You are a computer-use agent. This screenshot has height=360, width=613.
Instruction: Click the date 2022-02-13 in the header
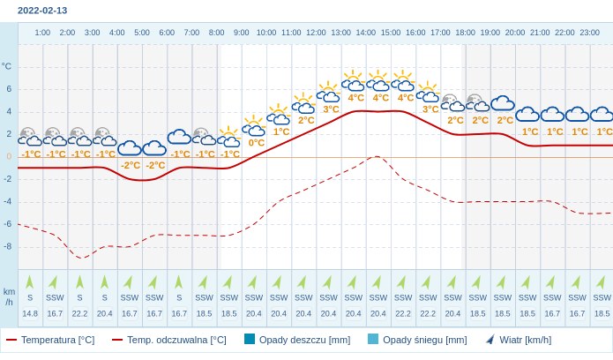click(42, 11)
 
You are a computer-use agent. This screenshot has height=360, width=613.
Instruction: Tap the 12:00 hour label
click(316, 33)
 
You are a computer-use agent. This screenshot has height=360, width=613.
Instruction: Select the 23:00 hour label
click(590, 33)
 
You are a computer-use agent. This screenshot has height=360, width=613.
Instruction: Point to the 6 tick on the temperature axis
click(9, 88)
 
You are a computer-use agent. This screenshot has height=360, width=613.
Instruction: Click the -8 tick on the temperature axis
click(8, 246)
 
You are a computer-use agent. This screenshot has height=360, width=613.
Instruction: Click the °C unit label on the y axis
click(7, 66)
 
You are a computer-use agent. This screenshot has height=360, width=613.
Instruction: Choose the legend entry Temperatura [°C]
click(50, 340)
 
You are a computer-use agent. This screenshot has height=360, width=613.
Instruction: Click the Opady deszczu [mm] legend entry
click(295, 340)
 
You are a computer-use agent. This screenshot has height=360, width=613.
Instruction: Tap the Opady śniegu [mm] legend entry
click(416, 340)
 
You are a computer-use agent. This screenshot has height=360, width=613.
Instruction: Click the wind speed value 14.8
click(30, 313)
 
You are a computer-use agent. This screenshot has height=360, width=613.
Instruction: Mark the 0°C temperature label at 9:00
click(256, 142)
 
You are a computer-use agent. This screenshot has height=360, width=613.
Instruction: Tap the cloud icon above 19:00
click(503, 103)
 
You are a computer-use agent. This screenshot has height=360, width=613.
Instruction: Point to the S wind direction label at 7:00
click(179, 297)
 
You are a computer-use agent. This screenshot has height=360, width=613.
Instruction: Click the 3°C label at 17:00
click(430, 109)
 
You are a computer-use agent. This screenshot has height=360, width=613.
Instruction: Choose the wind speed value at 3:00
click(79, 313)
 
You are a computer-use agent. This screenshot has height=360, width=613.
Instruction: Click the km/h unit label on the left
click(9, 296)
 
